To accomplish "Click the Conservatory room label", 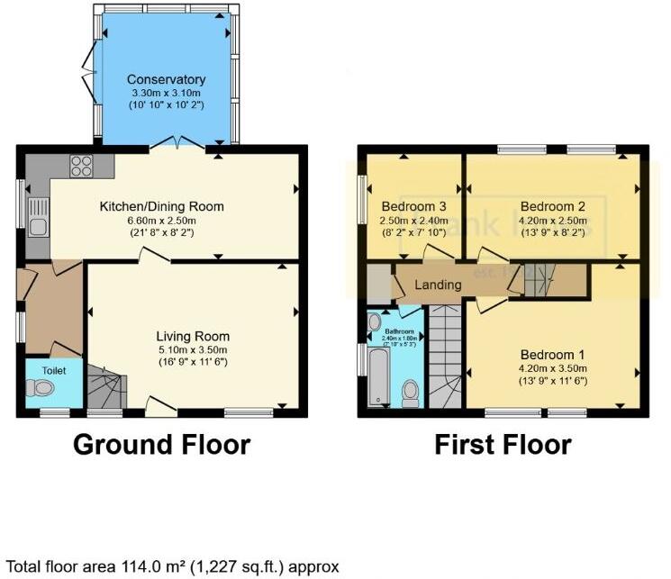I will (166, 79).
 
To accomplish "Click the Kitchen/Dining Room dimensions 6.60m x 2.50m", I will (161, 221).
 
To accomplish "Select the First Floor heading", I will (502, 444).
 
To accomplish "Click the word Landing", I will (438, 285).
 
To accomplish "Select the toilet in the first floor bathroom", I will (412, 390).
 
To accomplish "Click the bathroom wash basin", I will (376, 321).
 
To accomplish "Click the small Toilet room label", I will (41, 369).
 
